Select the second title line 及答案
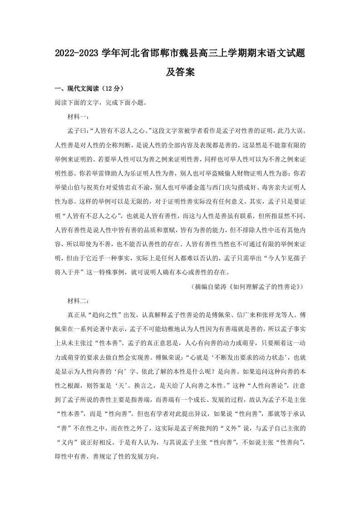click(180, 72)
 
